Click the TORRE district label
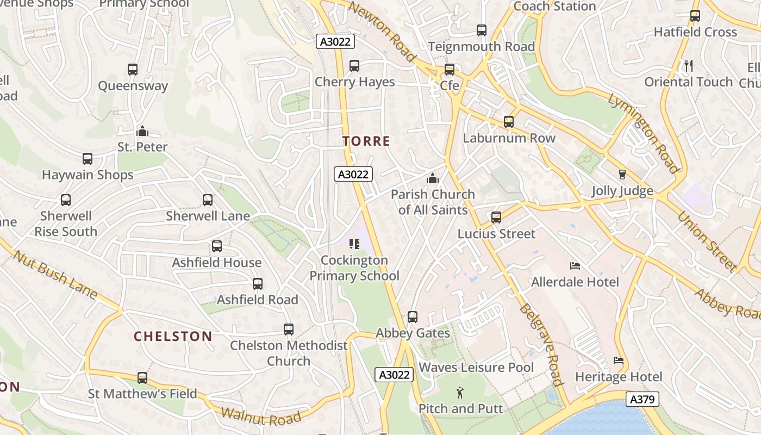tap(366, 141)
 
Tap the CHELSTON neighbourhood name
tap(173, 336)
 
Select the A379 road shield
tap(642, 399)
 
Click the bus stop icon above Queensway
tap(133, 70)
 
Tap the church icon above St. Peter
tap(142, 131)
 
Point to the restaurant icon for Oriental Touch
tap(689, 66)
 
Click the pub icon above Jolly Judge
tap(622, 175)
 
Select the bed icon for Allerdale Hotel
tap(575, 266)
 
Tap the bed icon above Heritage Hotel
tap(619, 361)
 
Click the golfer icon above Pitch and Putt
tap(460, 392)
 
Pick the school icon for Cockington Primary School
tap(354, 244)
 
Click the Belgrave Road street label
tap(540, 344)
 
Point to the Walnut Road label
tap(261, 416)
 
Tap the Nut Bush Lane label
tap(54, 275)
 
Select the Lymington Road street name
tap(644, 133)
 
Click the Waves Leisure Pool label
tap(476, 368)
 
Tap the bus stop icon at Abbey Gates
tap(413, 316)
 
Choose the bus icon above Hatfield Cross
tap(695, 16)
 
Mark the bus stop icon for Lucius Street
tap(496, 217)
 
